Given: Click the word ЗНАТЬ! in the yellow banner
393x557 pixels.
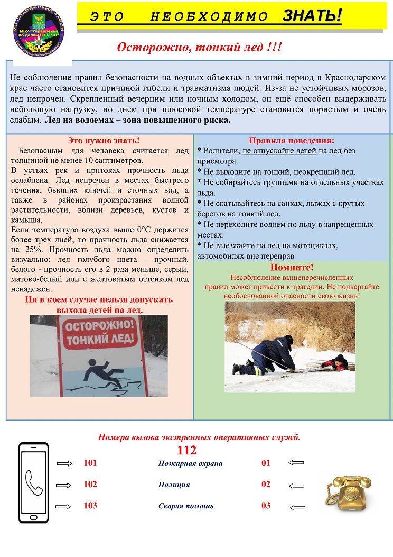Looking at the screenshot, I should point(312,16).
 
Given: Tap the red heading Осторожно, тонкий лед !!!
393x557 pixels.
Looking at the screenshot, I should point(199,48).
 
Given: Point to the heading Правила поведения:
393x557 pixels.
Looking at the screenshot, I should point(291,141).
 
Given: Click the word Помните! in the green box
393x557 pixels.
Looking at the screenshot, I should point(292,267).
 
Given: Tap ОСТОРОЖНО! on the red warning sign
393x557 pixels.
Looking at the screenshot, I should point(99,325).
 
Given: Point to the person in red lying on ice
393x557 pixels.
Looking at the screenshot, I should point(336,362).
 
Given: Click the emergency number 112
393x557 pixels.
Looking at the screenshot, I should point(187,451).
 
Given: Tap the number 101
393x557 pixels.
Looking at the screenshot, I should point(90,463).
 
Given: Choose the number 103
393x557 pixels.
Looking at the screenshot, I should point(90,506).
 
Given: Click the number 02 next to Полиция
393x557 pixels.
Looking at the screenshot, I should point(266,485).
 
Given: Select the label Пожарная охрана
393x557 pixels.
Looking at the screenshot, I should point(190,464).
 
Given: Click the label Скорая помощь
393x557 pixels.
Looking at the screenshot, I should point(186,506).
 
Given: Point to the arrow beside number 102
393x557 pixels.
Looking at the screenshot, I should point(64,485).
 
